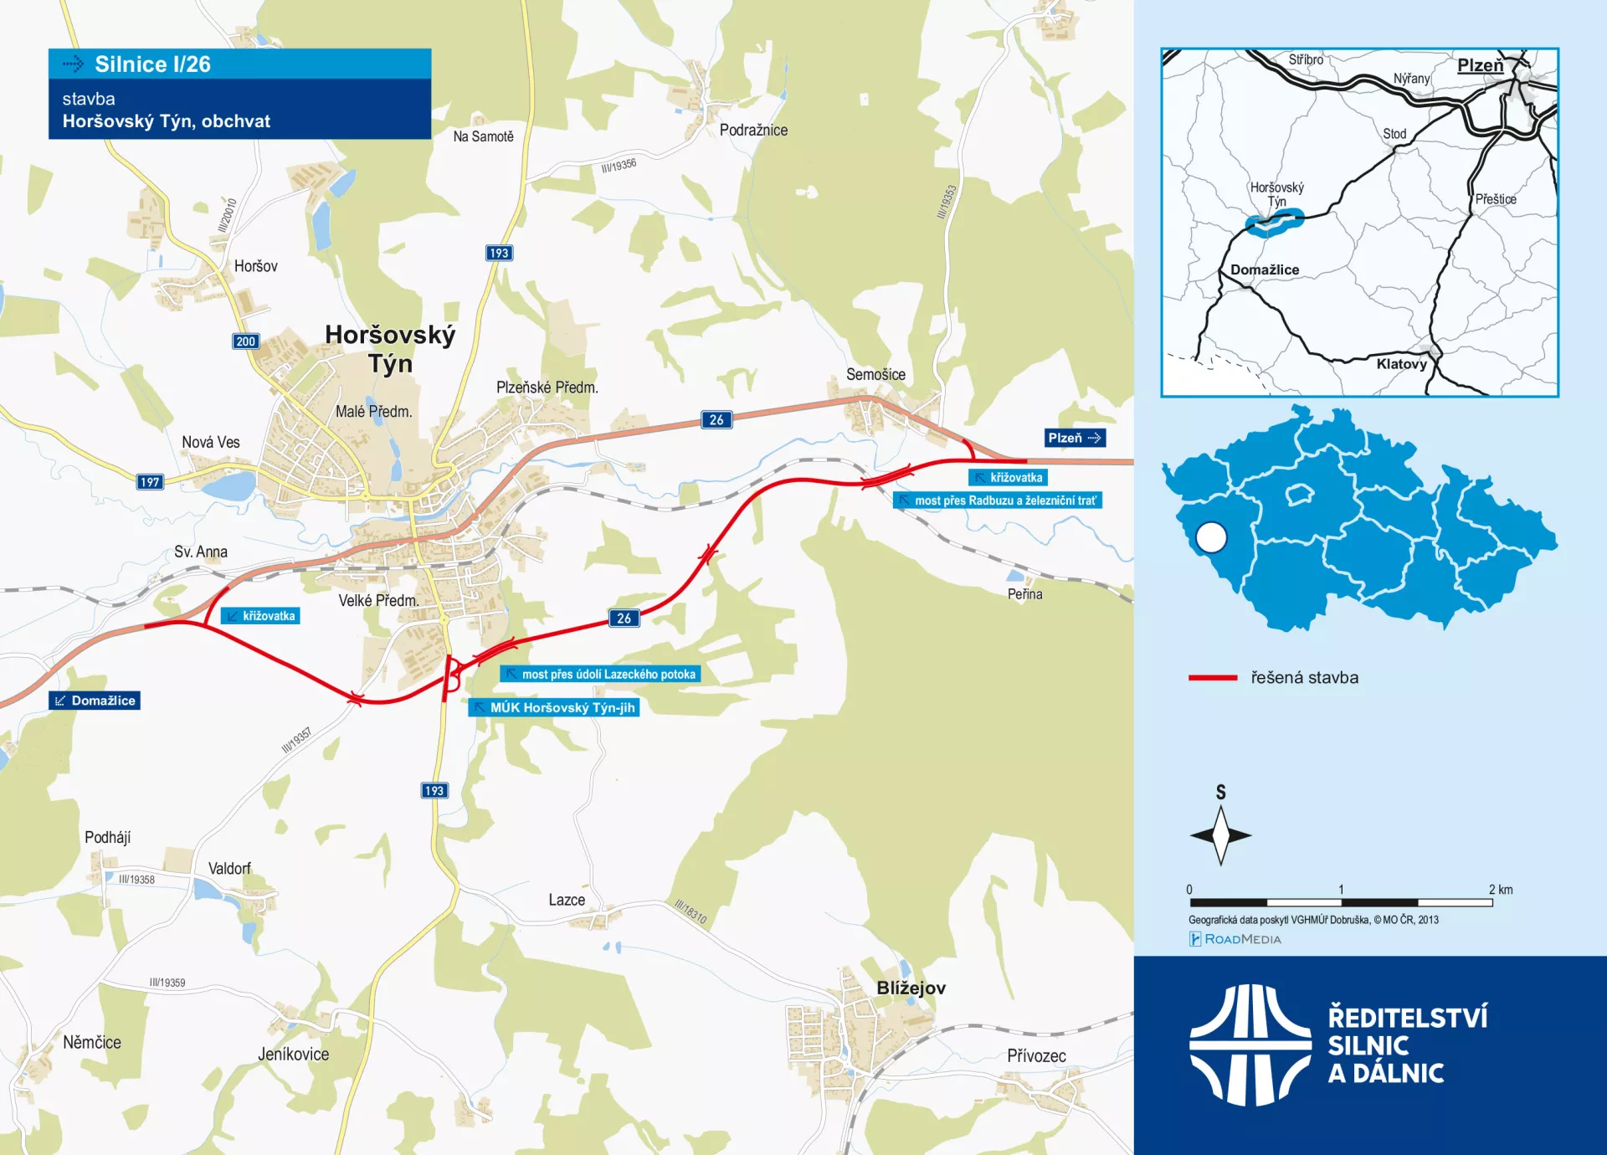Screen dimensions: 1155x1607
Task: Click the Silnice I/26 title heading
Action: pyautogui.click(x=152, y=64)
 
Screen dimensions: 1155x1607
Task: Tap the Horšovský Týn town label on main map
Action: pyautogui.click(x=390, y=348)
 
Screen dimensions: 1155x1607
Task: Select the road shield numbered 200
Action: pyautogui.click(x=245, y=341)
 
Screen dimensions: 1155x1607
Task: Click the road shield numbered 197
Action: pyautogui.click(x=150, y=482)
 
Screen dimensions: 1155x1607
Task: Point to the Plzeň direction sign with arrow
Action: pyautogui.click(x=1075, y=438)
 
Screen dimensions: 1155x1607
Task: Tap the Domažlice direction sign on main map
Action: pyautogui.click(x=95, y=701)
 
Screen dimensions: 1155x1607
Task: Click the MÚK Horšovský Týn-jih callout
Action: pyautogui.click(x=554, y=707)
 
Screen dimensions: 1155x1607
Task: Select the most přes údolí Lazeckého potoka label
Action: pyautogui.click(x=600, y=674)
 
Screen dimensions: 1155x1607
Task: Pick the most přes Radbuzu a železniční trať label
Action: pyautogui.click(x=997, y=501)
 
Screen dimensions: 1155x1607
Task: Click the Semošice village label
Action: pyautogui.click(x=875, y=375)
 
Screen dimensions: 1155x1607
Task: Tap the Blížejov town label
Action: pyautogui.click(x=911, y=988)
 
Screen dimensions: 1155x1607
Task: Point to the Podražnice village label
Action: pyautogui.click(x=753, y=131)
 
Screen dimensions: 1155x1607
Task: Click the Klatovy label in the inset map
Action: pyautogui.click(x=1401, y=364)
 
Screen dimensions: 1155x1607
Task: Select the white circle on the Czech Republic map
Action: pyautogui.click(x=1211, y=537)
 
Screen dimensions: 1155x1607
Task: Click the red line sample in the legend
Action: pyautogui.click(x=1212, y=678)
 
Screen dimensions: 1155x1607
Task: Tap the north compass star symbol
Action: pyautogui.click(x=1220, y=834)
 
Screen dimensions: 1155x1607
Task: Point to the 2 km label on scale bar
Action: pyautogui.click(x=1501, y=890)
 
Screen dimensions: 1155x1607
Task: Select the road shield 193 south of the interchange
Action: pyautogui.click(x=434, y=791)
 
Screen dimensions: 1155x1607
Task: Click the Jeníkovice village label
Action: pyautogui.click(x=293, y=1055)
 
